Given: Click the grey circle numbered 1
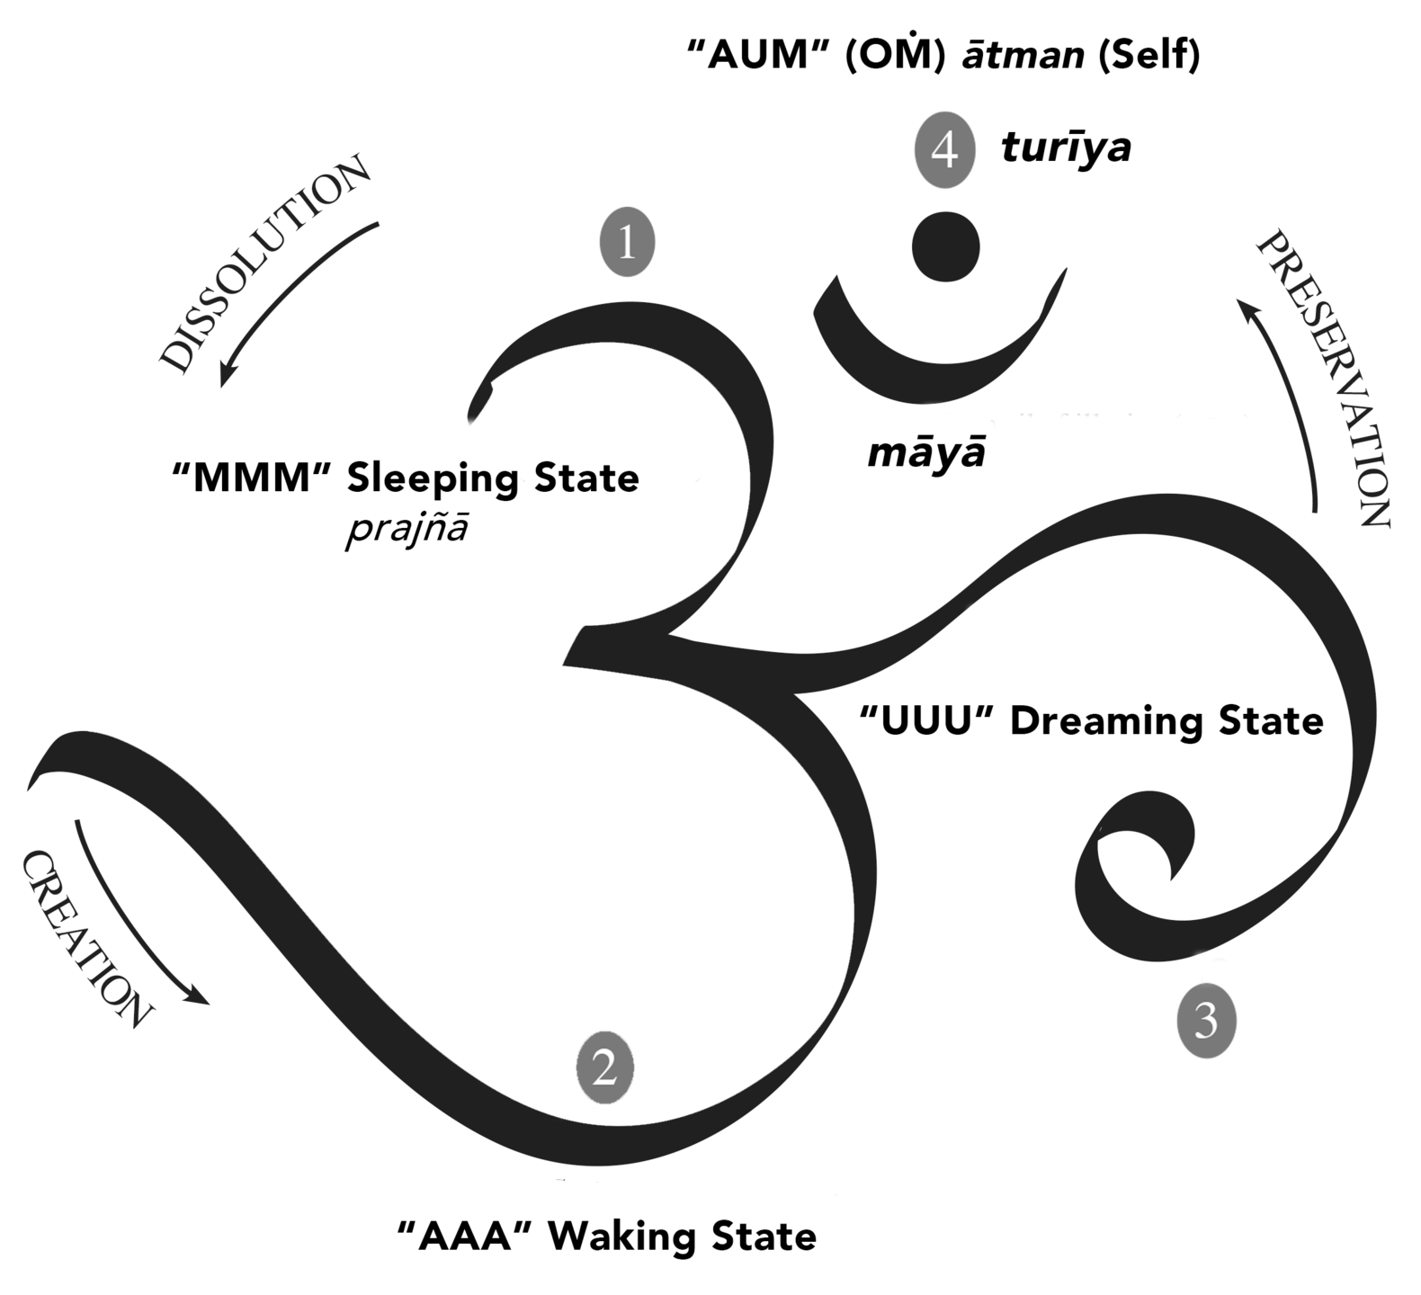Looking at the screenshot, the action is [x=627, y=242].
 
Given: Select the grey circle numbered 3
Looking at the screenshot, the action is [x=1206, y=1022].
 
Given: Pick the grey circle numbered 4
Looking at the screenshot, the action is [x=944, y=150].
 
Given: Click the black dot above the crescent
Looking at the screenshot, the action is [x=945, y=246].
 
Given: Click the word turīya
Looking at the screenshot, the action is [x=1066, y=148].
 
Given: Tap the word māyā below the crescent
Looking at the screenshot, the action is [x=925, y=452].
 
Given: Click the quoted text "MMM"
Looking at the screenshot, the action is [x=252, y=478].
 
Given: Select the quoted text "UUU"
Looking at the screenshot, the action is [x=926, y=721].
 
